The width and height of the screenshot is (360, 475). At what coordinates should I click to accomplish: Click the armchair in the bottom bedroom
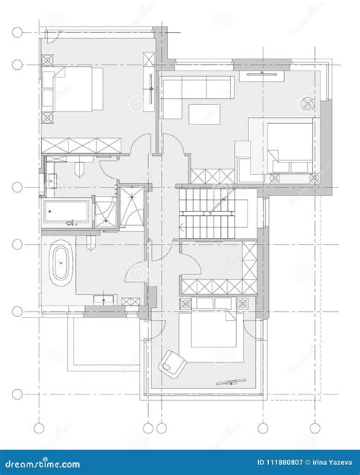(172, 363)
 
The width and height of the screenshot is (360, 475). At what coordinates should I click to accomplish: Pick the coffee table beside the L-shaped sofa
(204, 114)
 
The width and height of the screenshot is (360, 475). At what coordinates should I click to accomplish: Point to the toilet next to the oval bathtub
(91, 243)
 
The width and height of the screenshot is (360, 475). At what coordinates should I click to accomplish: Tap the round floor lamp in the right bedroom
(309, 103)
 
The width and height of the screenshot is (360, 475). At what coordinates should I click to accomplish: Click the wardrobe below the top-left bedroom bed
(81, 145)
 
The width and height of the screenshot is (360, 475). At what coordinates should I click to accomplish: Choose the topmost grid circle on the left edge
(17, 33)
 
